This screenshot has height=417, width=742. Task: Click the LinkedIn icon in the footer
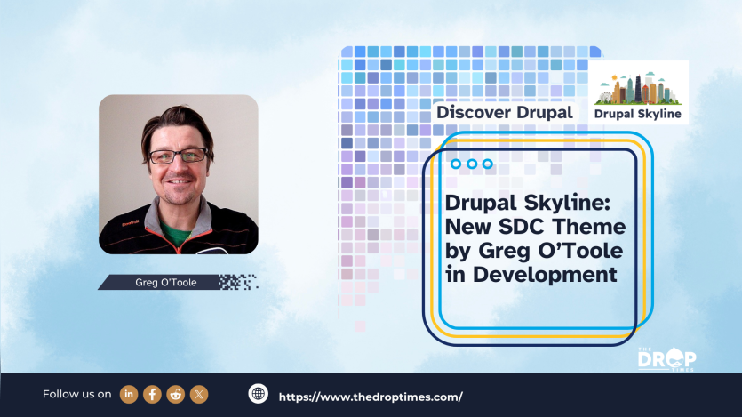click(130, 394)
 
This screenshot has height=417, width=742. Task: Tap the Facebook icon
click(152, 394)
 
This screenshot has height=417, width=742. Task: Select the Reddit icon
click(175, 394)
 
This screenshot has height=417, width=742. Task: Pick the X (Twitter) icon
click(198, 394)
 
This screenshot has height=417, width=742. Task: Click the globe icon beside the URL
click(259, 395)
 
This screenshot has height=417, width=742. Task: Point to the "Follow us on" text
click(77, 394)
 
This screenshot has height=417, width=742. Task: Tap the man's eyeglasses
click(177, 156)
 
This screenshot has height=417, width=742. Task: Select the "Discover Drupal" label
click(504, 113)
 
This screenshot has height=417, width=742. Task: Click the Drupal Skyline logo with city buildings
click(640, 92)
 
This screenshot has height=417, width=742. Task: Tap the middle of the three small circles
click(471, 164)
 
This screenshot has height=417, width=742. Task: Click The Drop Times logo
click(666, 357)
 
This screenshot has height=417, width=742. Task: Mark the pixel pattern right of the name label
click(237, 283)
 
